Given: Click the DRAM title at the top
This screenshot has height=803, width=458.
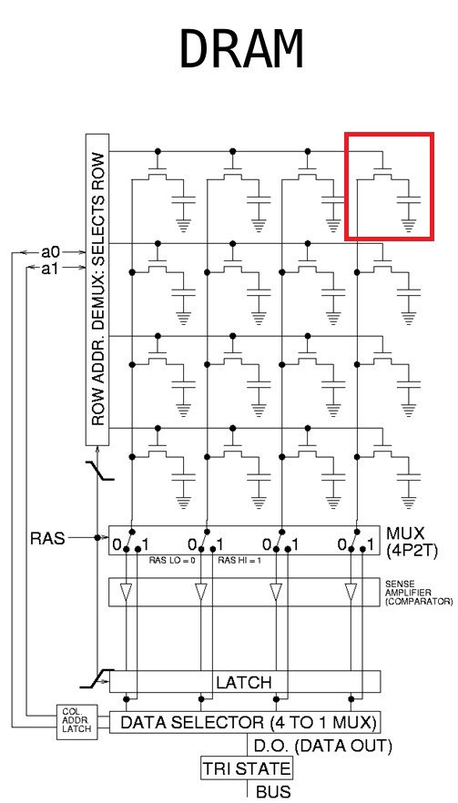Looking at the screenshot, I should point(241,49).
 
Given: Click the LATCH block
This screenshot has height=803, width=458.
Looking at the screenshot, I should point(244,681).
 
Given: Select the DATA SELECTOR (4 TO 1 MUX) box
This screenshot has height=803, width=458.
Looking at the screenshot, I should point(244,723).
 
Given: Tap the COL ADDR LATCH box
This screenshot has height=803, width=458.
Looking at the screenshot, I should point(77,723).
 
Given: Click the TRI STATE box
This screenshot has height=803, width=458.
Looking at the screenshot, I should point(247,768).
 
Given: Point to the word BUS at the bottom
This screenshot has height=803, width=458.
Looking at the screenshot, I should point(272,792).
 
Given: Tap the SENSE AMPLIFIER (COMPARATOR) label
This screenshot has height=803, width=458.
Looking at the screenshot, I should point(418,592).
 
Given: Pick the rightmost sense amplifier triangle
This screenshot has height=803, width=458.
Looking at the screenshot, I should point(350,593).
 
